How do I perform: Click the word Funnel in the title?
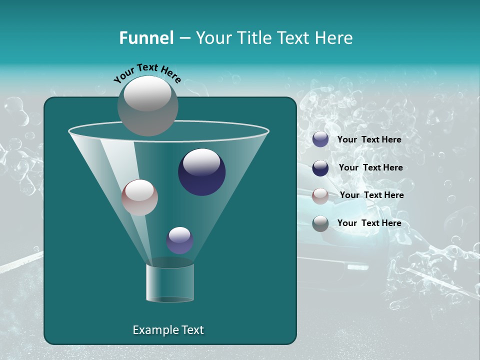coord(146,38)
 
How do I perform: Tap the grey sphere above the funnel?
coord(147,105)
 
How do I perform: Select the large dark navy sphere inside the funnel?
coord(202,172)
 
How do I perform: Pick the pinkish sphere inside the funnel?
coord(139,197)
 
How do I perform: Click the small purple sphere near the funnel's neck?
coord(179,240)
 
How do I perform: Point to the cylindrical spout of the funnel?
coord(170,282)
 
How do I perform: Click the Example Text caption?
coord(168,330)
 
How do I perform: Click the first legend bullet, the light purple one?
coord(320,139)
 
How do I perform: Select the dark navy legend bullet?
coord(320,168)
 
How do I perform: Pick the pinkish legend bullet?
coord(320,195)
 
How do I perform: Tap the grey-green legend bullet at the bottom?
coord(320,223)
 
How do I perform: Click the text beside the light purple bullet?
coord(369,139)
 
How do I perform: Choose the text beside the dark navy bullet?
coord(370,167)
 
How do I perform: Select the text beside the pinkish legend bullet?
coord(371,195)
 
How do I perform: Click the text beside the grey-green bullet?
coord(369,223)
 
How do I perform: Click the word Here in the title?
coord(335,38)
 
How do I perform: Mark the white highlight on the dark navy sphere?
coord(201,162)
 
